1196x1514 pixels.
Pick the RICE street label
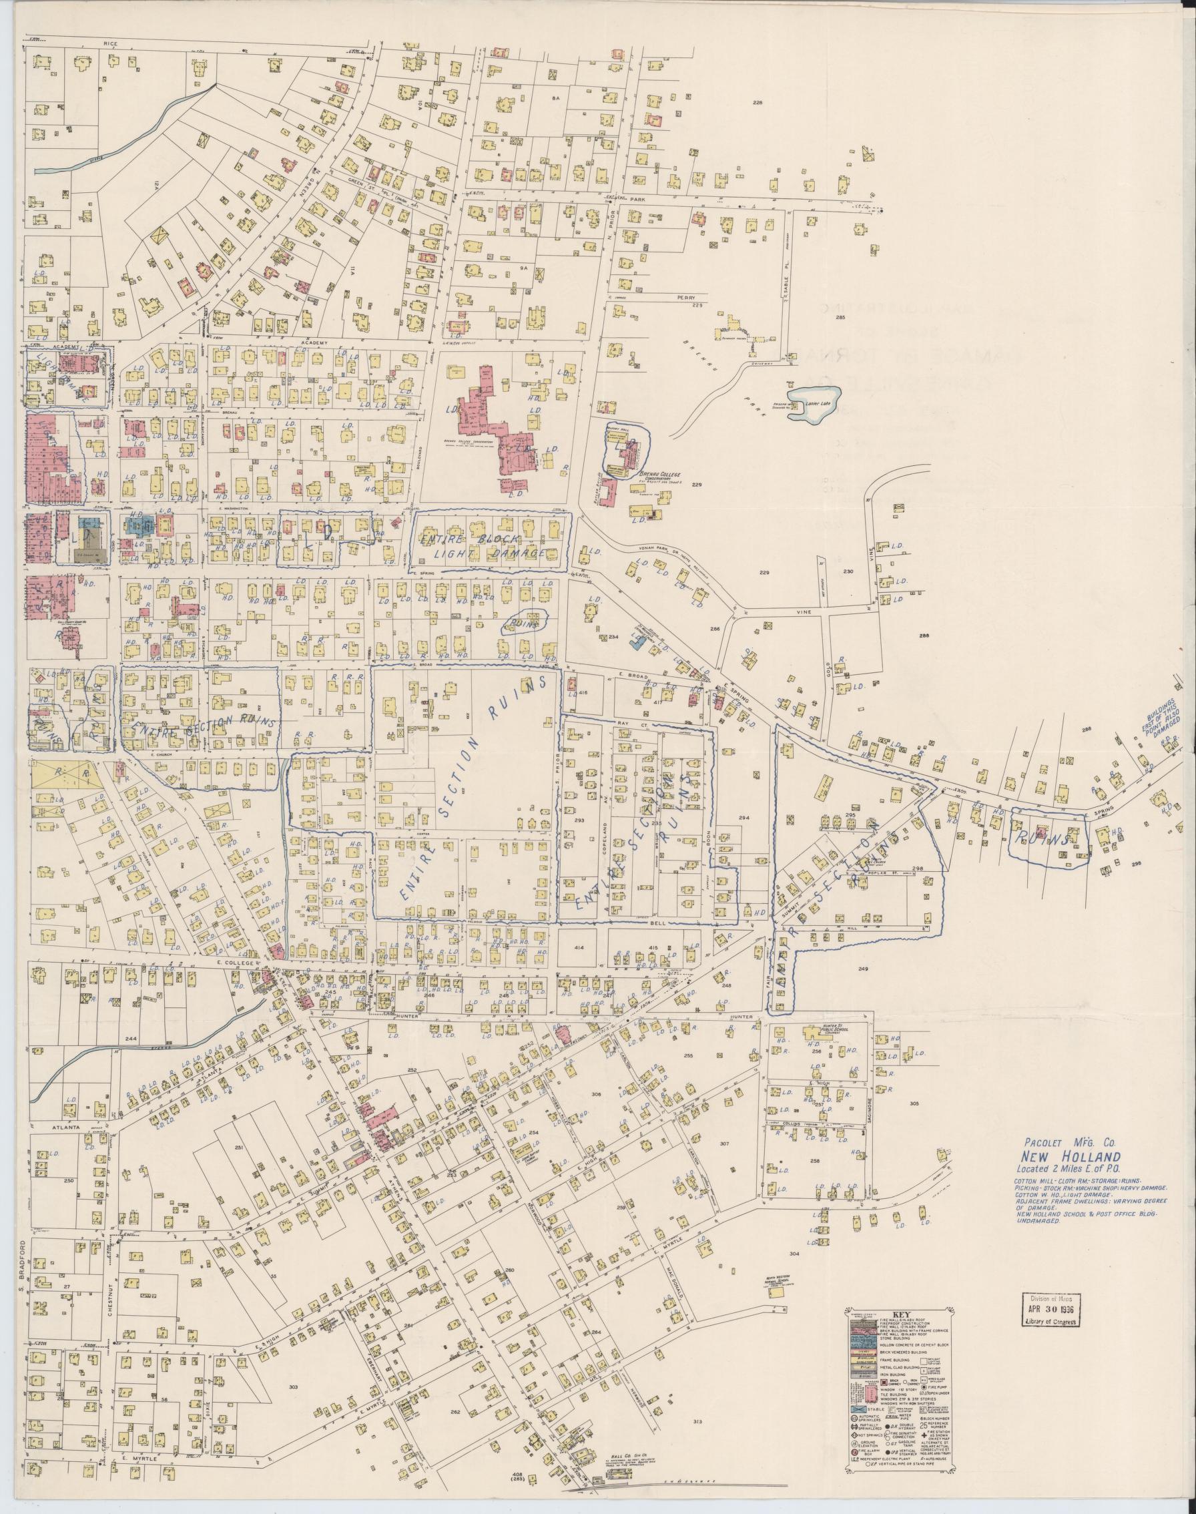pyautogui.click(x=109, y=43)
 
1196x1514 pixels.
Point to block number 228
pyautogui.click(x=757, y=103)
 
